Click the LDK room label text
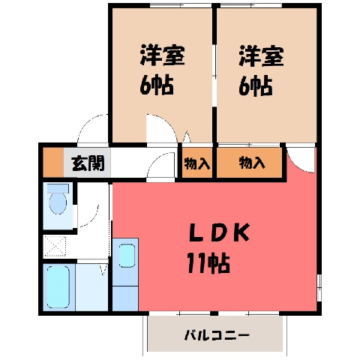click(220, 232)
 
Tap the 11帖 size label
click(208, 263)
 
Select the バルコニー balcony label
click(217, 335)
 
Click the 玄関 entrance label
click(88, 163)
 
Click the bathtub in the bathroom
click(58, 286)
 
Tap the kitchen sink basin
click(127, 256)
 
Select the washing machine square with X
click(55, 246)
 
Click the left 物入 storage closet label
click(197, 164)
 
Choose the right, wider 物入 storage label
click(252, 163)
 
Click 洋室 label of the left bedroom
click(162, 55)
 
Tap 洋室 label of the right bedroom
click(261, 56)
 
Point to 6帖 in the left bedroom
click(157, 85)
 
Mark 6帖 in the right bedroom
click(256, 86)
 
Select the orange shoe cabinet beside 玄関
click(53, 163)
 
